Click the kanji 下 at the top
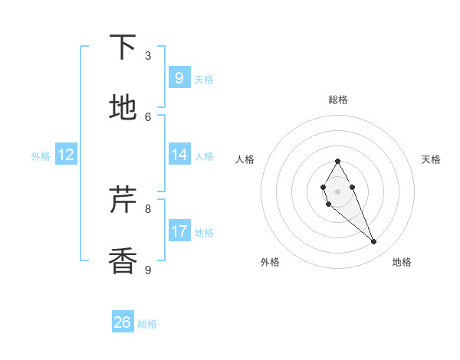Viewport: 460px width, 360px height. tap(123, 47)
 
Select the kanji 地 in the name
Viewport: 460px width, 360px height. tap(123, 108)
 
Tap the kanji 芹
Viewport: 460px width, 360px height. tap(123, 201)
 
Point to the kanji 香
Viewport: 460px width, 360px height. tap(123, 261)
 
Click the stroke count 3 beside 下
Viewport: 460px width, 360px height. tap(148, 56)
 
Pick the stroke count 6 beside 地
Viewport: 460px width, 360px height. tap(148, 116)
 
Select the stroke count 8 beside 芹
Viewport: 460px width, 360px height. tap(148, 208)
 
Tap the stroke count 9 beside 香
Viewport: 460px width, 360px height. tap(148, 270)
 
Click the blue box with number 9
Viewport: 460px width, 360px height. tap(179, 78)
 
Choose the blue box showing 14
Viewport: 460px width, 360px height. tap(179, 155)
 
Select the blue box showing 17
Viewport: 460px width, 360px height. tap(179, 231)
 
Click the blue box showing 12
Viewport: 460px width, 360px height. tap(66, 155)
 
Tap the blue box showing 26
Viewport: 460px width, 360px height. tap(123, 322)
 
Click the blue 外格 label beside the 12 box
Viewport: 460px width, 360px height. tap(41, 155)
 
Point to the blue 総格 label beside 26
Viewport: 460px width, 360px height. tap(147, 324)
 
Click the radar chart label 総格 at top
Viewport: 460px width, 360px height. tap(337, 100)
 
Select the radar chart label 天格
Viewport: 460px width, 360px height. tap(431, 159)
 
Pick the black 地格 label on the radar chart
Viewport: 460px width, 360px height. tap(402, 263)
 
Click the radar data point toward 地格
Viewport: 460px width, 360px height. tap(374, 241)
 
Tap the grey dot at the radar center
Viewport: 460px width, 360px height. tap(337, 191)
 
